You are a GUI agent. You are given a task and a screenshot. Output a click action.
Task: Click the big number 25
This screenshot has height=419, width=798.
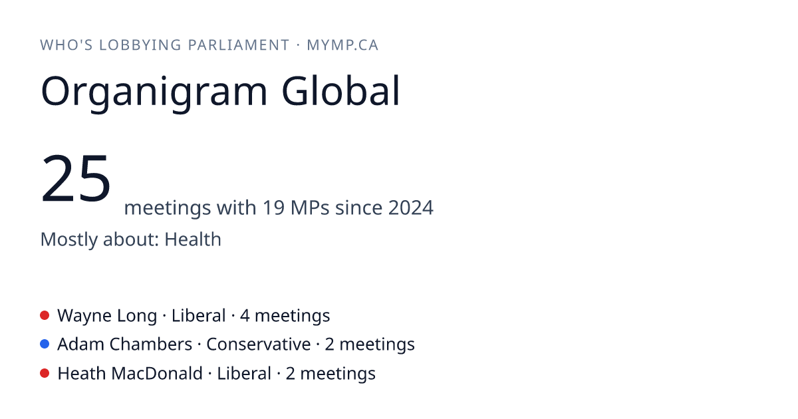(x=76, y=178)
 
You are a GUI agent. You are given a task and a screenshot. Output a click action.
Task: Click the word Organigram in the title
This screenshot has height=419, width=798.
(x=154, y=92)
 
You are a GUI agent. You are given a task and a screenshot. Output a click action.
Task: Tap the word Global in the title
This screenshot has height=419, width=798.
(x=341, y=90)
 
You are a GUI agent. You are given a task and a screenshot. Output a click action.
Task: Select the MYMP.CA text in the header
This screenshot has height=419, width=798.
(x=342, y=45)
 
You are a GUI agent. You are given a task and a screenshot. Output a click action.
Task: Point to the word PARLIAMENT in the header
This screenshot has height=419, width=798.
(x=239, y=45)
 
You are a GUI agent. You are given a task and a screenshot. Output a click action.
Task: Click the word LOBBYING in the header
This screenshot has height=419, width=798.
(x=140, y=45)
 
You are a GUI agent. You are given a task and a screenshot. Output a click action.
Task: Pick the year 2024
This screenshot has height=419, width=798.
(x=411, y=208)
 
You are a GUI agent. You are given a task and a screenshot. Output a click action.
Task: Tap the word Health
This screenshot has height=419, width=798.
(x=193, y=239)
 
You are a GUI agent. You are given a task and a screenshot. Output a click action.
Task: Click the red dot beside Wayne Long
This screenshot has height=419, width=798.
(x=45, y=315)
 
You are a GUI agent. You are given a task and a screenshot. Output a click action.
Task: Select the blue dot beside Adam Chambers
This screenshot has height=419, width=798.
(x=45, y=345)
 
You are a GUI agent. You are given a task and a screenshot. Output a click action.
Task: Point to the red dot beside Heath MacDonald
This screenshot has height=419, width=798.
(x=45, y=373)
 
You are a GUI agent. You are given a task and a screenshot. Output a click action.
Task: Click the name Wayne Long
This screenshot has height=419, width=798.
(x=107, y=316)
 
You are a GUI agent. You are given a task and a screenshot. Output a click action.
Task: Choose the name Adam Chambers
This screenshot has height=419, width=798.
(x=125, y=345)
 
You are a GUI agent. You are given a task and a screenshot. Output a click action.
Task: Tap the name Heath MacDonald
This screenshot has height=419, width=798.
(x=130, y=373)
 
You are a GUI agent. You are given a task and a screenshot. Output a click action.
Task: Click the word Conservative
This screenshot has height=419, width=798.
(x=258, y=345)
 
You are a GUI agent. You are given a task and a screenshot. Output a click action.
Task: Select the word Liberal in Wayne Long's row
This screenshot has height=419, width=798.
(x=198, y=315)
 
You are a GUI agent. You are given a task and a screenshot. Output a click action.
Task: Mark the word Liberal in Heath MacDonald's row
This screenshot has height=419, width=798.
(x=244, y=373)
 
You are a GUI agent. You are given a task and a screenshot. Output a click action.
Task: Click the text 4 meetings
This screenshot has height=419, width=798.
(x=285, y=316)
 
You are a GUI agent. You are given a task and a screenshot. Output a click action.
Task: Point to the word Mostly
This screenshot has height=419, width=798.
(x=68, y=240)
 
